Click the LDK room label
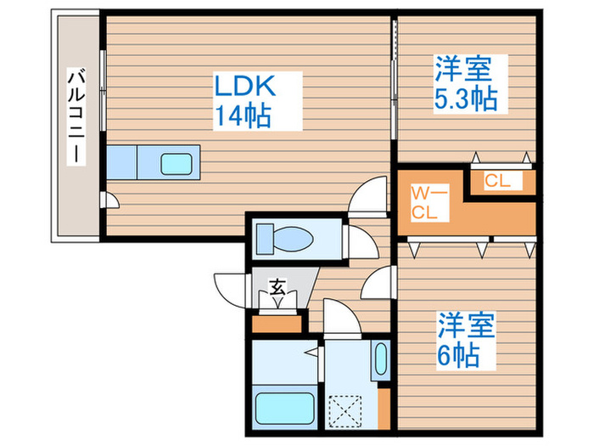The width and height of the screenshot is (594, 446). pos(245,87)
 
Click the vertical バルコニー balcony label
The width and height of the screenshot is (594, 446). pos(76,120)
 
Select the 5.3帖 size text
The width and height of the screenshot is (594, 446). pos(466,99)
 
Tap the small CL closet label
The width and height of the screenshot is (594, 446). pos(497,179)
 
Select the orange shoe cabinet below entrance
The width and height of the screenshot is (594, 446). pos(277,323)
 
